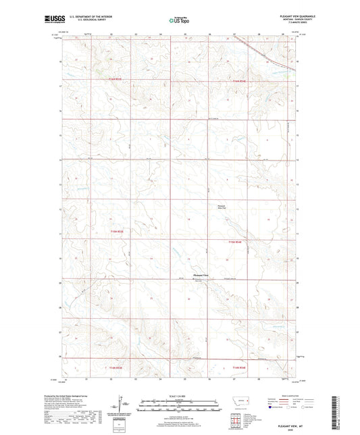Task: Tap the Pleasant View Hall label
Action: [x=222, y=206]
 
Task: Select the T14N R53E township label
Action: [x=118, y=232]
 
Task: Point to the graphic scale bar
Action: [x=179, y=407]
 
